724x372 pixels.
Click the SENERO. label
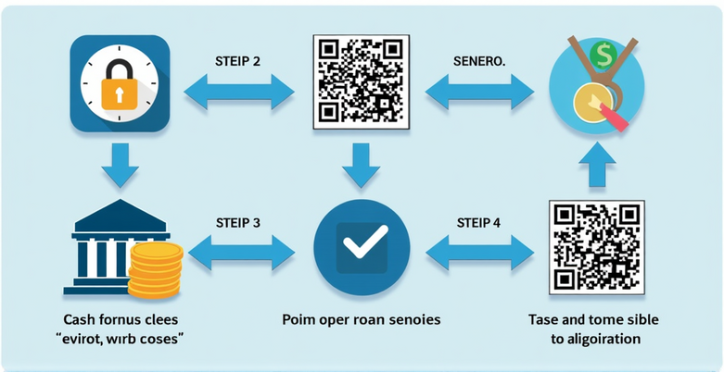pos(478,60)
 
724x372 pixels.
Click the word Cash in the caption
pos(80,318)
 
